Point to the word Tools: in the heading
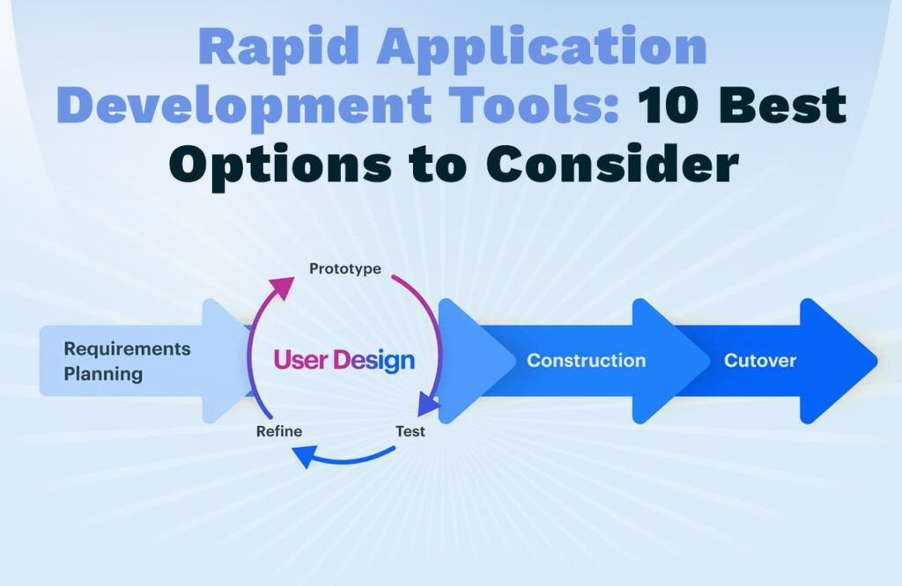click(534, 104)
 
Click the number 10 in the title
click(669, 104)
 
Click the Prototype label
click(345, 269)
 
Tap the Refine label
click(279, 431)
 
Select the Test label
click(410, 431)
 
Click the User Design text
click(344, 360)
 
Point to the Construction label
click(586, 360)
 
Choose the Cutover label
click(760, 360)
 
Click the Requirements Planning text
click(127, 362)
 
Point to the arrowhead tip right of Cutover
click(877, 361)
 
